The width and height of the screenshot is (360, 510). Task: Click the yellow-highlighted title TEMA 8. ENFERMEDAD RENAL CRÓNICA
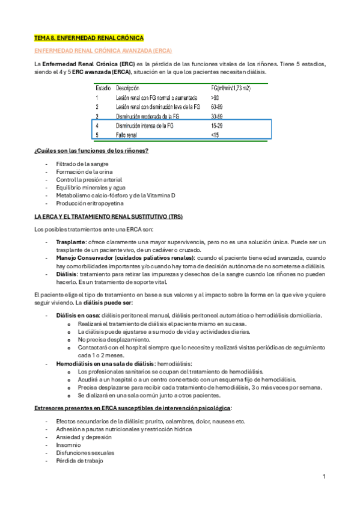[x=88, y=37]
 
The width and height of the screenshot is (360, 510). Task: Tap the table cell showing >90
[x=215, y=97]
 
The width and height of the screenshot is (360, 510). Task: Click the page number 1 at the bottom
[x=323, y=477]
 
